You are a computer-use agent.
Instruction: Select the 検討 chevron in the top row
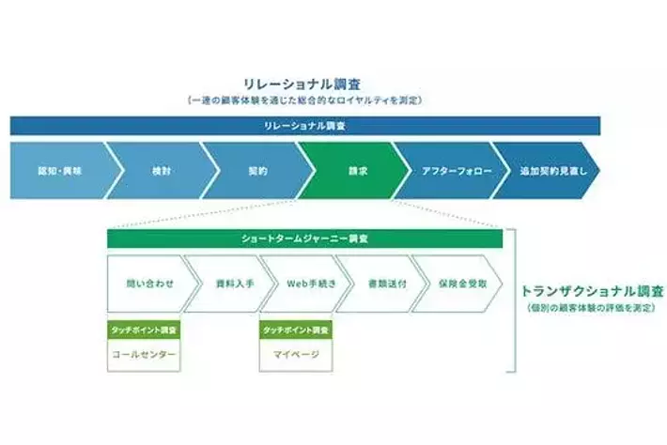click(160, 172)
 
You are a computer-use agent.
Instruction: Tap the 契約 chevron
click(257, 172)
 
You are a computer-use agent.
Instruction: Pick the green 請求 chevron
click(356, 172)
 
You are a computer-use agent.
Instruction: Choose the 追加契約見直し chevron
click(544, 172)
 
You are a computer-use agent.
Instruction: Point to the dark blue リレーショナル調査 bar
click(304, 126)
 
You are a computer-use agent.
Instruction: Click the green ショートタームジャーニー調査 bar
click(304, 239)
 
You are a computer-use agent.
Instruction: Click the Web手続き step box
click(297, 283)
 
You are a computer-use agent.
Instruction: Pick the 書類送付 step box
click(373, 283)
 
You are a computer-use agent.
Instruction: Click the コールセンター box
click(143, 355)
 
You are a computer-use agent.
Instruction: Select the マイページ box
click(296, 355)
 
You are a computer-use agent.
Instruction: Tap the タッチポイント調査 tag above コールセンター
click(143, 330)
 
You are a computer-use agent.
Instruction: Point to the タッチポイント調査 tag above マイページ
click(296, 330)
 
